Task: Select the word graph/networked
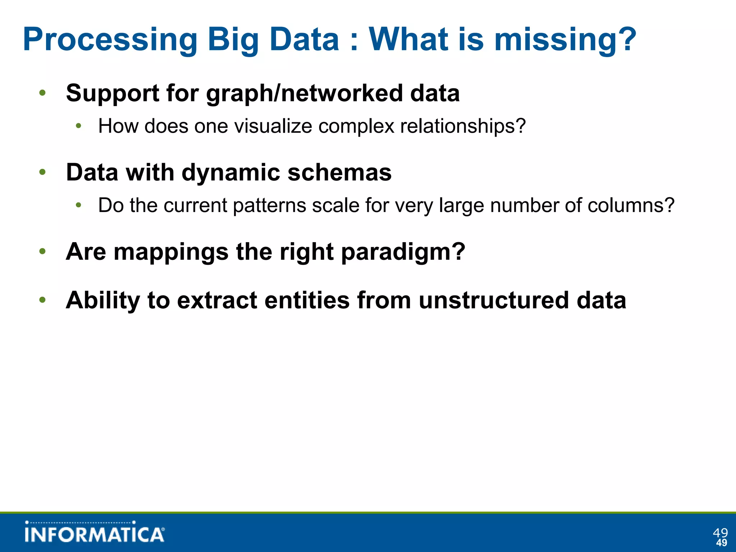(x=304, y=93)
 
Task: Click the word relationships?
(x=463, y=126)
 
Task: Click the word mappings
(x=171, y=252)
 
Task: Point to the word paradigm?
(x=403, y=252)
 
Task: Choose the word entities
(x=307, y=300)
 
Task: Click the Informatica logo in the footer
(x=95, y=533)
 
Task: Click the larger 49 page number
(x=720, y=532)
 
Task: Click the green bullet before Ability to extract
(x=42, y=300)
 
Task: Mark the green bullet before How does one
(x=79, y=126)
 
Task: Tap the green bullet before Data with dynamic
(x=42, y=172)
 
